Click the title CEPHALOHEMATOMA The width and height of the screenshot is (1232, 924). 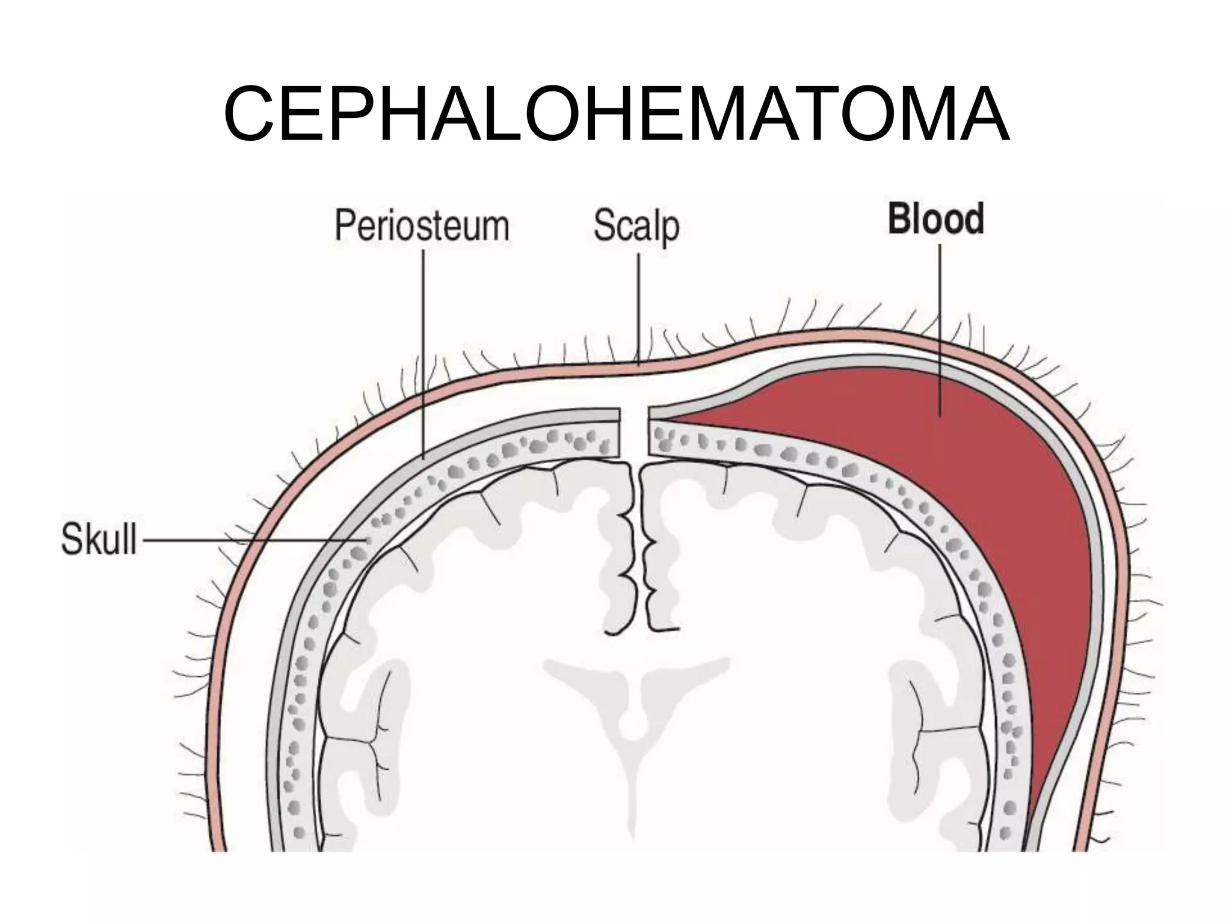pyautogui.click(x=616, y=114)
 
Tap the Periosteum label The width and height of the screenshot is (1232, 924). pyautogui.click(x=422, y=226)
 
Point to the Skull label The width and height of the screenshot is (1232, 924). pyautogui.click(x=99, y=540)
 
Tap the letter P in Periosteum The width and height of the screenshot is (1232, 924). pyautogui.click(x=343, y=226)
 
